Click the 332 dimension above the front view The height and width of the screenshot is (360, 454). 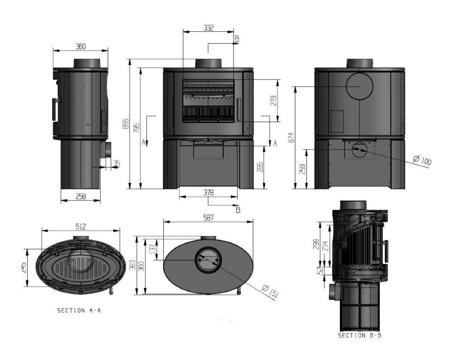point(208,28)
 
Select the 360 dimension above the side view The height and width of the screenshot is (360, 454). point(81,46)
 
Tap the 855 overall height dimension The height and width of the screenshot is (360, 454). point(125,123)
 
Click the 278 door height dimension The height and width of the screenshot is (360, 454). point(274,101)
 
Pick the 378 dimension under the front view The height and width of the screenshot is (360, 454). point(209,193)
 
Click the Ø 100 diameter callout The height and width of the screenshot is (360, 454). point(422,161)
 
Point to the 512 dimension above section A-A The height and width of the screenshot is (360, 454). point(80,226)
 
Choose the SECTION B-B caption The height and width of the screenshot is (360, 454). point(360,336)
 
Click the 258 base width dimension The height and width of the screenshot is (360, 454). point(81,197)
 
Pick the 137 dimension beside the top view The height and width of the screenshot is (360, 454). point(152,250)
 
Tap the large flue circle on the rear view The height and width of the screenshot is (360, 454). point(359,86)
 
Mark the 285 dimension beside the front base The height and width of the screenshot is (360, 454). point(260,167)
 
